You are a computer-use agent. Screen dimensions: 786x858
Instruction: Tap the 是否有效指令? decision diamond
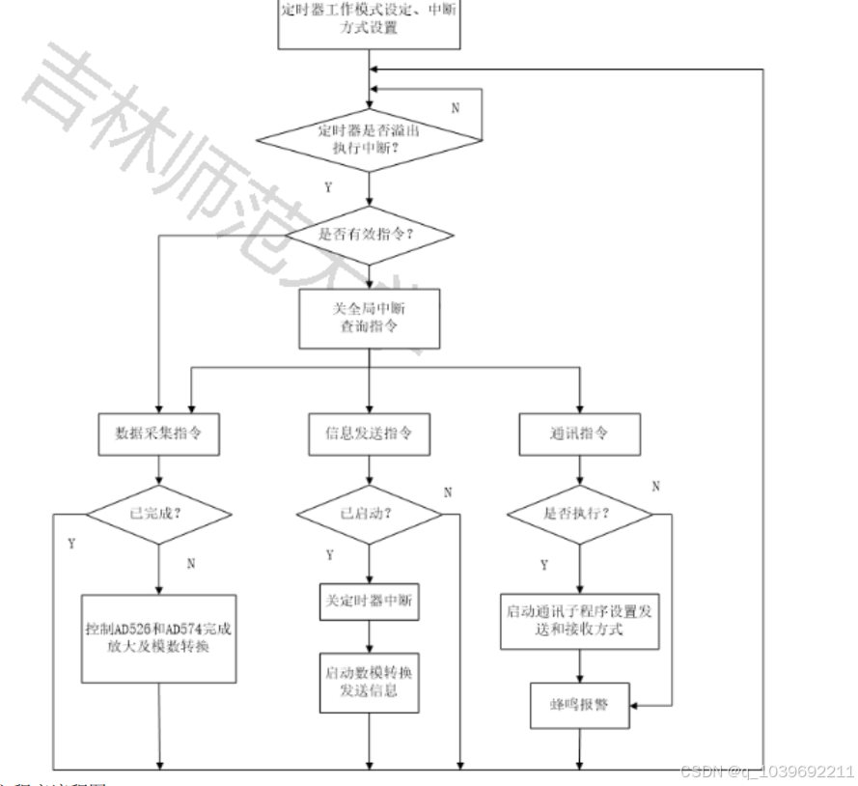(369, 234)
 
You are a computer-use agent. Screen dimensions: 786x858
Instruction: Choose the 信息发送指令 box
(369, 432)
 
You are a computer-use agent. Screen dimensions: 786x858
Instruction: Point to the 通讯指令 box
(579, 432)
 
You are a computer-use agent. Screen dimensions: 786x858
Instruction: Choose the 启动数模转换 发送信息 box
(369, 682)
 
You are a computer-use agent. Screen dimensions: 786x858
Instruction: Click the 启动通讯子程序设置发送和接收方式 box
(579, 619)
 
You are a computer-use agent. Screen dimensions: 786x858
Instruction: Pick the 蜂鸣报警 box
(579, 706)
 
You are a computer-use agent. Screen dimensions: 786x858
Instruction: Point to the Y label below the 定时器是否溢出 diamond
(329, 187)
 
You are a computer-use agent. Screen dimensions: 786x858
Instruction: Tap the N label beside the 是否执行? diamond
(656, 486)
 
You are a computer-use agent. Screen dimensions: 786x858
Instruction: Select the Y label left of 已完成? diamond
(72, 544)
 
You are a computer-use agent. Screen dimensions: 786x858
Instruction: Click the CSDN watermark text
(767, 772)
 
